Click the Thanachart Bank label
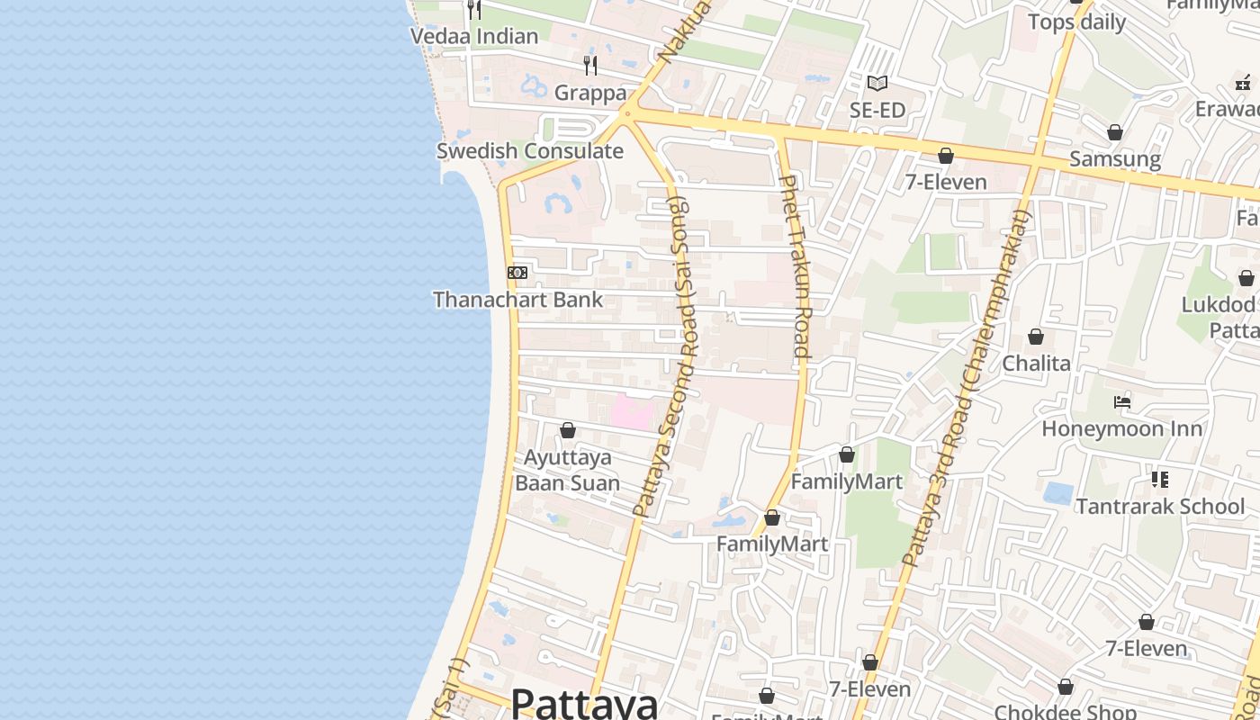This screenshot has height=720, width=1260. [517, 300]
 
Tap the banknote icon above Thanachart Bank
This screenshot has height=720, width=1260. [517, 272]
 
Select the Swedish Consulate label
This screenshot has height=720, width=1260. [529, 151]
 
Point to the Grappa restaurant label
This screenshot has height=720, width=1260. [589, 93]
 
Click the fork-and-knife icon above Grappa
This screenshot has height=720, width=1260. [590, 65]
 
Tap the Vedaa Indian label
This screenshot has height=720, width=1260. [474, 37]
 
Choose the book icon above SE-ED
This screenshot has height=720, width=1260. [877, 83]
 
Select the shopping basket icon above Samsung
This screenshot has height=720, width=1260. [1115, 132]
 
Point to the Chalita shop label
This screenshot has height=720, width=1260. [1036, 364]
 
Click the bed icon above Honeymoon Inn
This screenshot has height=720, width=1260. [1121, 401]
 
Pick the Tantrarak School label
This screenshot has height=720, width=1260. [1160, 507]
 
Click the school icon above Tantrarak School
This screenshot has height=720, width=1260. [1160, 480]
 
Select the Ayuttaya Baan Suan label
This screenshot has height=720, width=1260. [567, 470]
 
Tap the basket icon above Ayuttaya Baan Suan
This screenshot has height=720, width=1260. [568, 430]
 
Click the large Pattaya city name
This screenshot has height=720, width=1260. [584, 703]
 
